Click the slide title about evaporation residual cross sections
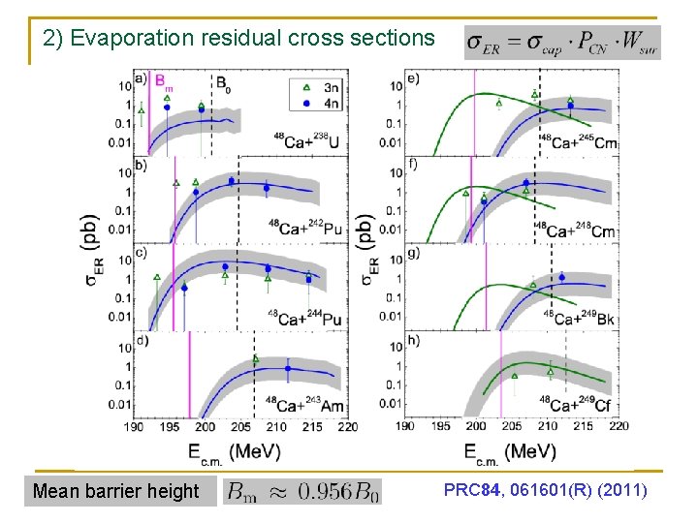[x=239, y=39]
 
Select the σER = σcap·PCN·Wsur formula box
[x=563, y=42]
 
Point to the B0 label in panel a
[x=223, y=80]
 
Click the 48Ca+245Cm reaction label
[x=579, y=141]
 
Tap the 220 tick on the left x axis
[x=347, y=426]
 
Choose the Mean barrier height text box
[x=116, y=491]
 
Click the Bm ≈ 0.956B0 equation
[x=303, y=491]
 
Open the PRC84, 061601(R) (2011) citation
[x=546, y=490]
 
